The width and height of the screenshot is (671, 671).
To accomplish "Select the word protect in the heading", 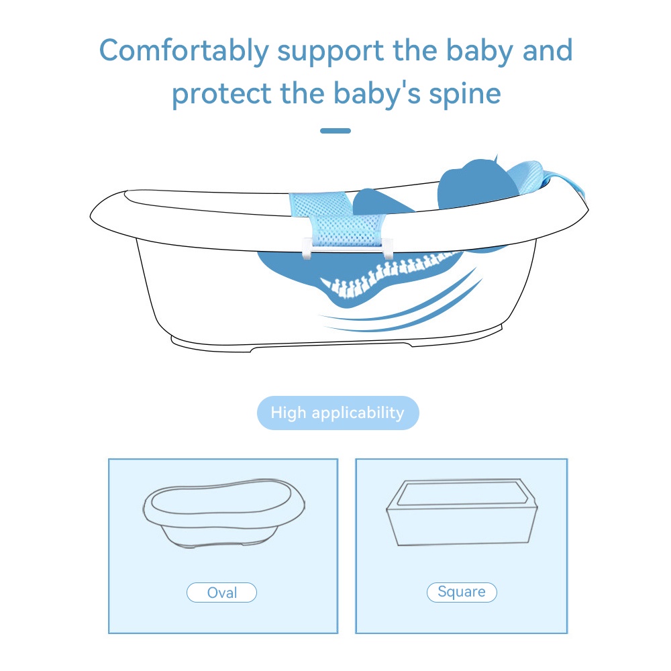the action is click(221, 95).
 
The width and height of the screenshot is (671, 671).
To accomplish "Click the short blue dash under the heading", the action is click(335, 131).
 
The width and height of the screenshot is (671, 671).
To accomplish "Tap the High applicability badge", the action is click(338, 413).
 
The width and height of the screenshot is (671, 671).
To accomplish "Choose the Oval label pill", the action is click(221, 592).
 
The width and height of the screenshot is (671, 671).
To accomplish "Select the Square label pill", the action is click(462, 592).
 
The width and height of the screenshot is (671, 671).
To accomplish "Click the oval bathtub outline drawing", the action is click(224, 513).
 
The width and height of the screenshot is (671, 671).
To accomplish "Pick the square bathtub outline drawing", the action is click(462, 512).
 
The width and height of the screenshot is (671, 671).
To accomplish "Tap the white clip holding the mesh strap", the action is click(348, 249).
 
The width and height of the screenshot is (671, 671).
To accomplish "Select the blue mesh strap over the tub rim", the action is click(338, 218).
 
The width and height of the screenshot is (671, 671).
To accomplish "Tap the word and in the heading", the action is click(548, 50).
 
